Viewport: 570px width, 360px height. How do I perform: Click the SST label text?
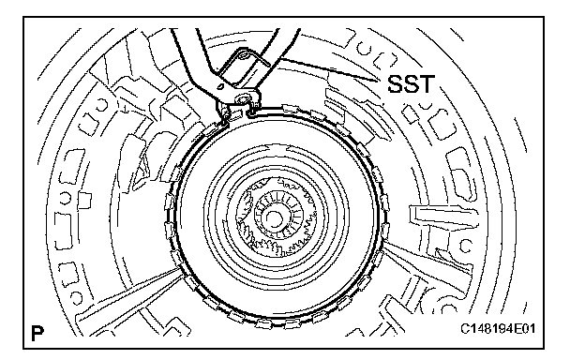411,84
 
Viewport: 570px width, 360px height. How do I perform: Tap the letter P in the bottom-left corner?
37,333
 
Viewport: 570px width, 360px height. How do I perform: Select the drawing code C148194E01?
498,329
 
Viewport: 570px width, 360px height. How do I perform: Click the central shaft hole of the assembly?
272,218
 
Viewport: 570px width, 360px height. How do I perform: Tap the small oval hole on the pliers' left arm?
219,86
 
